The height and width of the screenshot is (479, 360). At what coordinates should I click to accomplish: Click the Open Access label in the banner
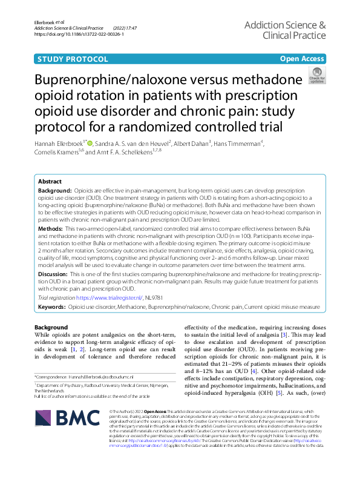[302, 59]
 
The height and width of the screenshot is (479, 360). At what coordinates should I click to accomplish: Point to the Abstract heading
[50, 182]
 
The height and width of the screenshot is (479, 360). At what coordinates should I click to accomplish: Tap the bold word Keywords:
[52, 308]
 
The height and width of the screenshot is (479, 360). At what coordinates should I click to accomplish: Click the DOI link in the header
[80, 35]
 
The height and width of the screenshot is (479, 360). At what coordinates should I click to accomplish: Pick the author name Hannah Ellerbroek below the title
[61, 144]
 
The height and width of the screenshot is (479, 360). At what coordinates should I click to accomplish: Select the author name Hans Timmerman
[240, 144]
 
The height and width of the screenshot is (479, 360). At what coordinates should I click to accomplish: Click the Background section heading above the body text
[51, 328]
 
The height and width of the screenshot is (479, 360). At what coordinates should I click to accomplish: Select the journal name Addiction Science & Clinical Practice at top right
[285, 30]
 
